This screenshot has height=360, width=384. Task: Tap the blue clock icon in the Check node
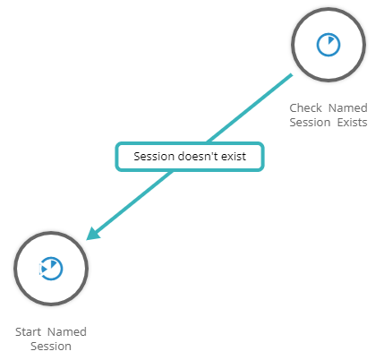[329, 45]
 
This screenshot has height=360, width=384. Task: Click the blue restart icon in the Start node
[51, 269]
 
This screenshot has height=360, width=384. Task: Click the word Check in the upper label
[305, 107]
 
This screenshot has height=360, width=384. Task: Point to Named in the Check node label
[348, 107]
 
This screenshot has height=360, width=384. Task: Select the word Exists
[353, 123]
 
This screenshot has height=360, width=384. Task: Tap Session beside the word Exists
[310, 123]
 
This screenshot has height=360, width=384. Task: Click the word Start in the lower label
[28, 332]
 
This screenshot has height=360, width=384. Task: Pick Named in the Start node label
[67, 332]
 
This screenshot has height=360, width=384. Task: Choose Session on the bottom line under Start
[51, 347]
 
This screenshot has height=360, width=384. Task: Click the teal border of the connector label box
[190, 143]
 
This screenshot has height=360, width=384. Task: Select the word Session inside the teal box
[154, 157]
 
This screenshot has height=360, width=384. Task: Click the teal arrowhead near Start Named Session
[93, 234]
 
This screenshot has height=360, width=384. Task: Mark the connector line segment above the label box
[250, 108]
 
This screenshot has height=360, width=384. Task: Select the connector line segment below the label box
[133, 202]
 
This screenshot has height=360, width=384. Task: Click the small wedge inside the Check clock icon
[330, 40]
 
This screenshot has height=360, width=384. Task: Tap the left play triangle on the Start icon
[44, 270]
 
